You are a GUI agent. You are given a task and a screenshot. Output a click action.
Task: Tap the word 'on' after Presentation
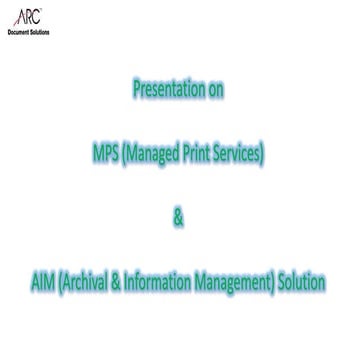[x=214, y=90]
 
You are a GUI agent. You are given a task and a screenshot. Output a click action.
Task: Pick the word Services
[x=240, y=155]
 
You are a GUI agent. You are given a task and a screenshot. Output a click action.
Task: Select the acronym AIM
[x=44, y=284]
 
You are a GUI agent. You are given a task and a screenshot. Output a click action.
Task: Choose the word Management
[x=236, y=284]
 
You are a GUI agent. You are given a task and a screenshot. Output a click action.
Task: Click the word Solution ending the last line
[x=302, y=284]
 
